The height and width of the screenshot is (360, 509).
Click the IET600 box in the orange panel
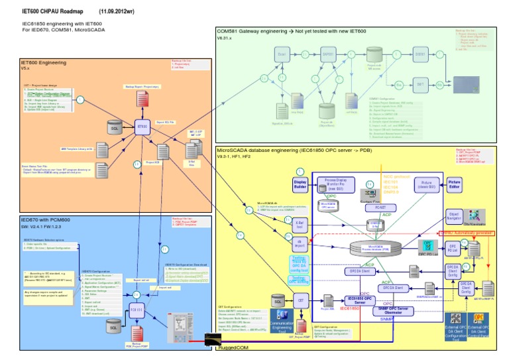[142, 126]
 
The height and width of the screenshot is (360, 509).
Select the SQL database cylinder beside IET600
[114, 127]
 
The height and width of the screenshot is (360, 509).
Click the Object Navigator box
[455, 216]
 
